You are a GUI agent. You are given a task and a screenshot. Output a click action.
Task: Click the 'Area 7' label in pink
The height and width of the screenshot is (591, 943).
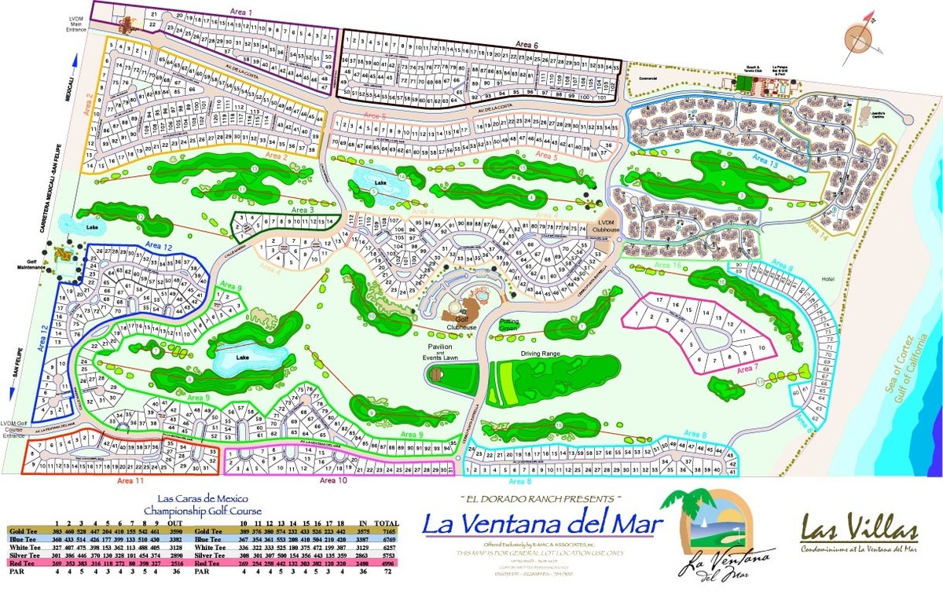(746, 367)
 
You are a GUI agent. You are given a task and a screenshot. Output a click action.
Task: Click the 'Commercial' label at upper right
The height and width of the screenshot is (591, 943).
(649, 79)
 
